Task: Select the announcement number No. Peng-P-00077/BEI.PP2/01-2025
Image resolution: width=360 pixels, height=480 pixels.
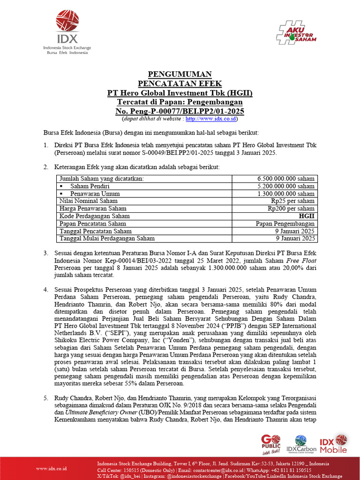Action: pos(180,111)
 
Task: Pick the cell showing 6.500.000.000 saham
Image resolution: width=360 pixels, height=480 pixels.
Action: pos(286,179)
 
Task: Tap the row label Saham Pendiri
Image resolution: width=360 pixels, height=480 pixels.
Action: pos(90,186)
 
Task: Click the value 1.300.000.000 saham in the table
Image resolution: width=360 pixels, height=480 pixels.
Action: pos(286,194)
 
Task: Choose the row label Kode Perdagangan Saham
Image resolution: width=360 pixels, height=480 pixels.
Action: pos(94,216)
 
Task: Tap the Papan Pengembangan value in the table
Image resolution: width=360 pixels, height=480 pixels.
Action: pos(285,224)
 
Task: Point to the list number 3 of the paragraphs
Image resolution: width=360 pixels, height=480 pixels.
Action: pos(46,253)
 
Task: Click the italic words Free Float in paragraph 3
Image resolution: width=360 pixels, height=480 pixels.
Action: pos(300,261)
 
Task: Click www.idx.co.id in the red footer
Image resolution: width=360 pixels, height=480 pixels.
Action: pos(52,468)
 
